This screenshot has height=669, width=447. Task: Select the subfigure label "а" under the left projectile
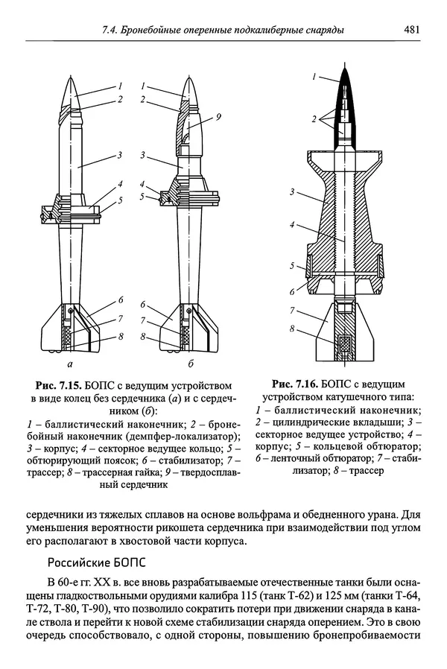(x=69, y=364)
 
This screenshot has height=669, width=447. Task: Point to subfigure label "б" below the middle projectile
(x=191, y=364)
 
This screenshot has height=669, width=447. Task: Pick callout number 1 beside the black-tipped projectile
(x=316, y=76)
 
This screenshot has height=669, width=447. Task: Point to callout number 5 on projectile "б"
(x=142, y=197)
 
